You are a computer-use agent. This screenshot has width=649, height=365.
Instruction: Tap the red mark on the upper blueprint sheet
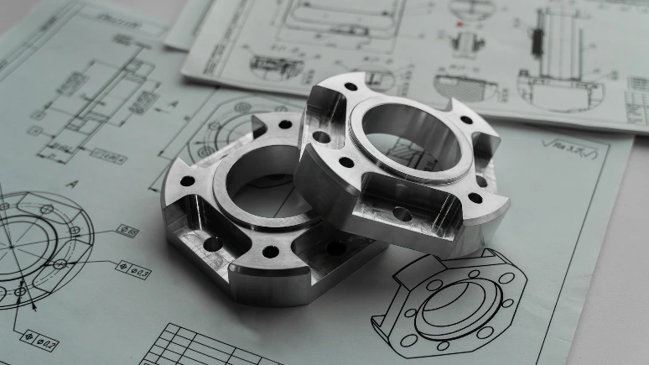460,24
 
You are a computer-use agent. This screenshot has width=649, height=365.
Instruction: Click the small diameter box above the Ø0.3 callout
128,229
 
